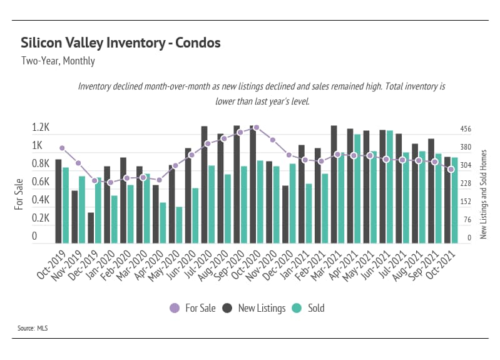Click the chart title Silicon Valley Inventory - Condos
click(120, 43)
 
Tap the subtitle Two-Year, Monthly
click(58, 61)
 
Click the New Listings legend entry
click(255, 308)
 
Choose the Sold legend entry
click(310, 308)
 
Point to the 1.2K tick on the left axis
click(41, 127)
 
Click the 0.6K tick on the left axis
click(41, 182)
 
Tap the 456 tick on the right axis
click(466, 129)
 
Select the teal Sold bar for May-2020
click(179, 225)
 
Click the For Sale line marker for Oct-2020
click(257, 127)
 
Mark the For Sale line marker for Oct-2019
click(62, 148)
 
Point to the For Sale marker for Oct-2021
click(451, 169)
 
